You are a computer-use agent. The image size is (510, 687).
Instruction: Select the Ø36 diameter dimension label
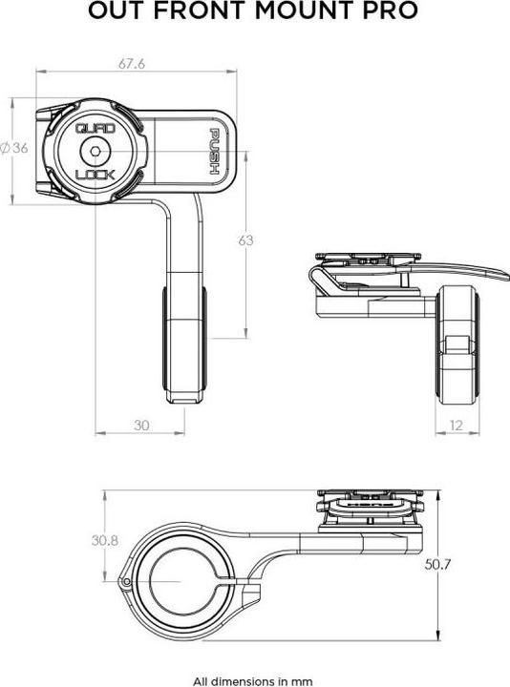(13, 148)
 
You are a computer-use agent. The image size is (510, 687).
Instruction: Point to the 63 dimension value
(245, 240)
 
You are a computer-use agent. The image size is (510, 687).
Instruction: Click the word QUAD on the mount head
(95, 126)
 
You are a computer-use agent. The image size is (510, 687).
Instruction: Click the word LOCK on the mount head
(95, 175)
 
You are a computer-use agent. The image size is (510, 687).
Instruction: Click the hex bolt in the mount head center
(95, 150)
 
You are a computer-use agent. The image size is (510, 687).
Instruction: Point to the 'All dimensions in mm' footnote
(254, 681)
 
